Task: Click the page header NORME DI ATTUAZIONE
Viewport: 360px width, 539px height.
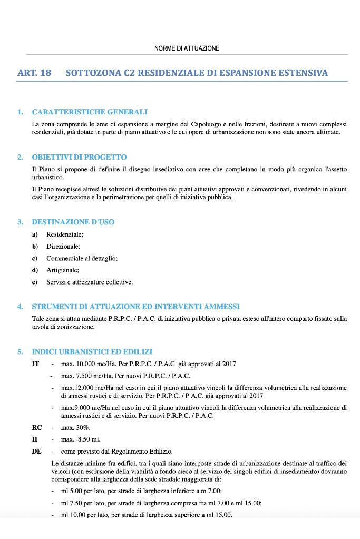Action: click(x=187, y=48)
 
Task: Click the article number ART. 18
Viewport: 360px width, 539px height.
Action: click(x=34, y=73)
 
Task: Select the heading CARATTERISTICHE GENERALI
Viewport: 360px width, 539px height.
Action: click(x=90, y=112)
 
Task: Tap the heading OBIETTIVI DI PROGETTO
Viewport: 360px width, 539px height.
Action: click(x=79, y=157)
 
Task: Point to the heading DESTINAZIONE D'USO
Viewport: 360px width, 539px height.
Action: click(x=73, y=222)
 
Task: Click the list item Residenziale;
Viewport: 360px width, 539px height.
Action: click(x=65, y=234)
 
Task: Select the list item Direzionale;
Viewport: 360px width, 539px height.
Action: click(x=63, y=246)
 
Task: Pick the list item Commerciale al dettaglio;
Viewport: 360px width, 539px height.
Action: click(x=82, y=258)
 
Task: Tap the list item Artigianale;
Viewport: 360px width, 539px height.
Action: click(x=63, y=270)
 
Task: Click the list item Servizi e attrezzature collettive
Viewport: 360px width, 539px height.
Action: click(x=90, y=282)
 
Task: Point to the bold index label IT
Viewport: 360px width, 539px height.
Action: click(x=36, y=364)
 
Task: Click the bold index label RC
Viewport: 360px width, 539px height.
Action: click(x=37, y=427)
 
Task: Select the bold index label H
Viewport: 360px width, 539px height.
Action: click(x=35, y=439)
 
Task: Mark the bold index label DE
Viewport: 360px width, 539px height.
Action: click(x=37, y=451)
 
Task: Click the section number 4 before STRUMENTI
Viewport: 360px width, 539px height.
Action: click(x=20, y=306)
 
